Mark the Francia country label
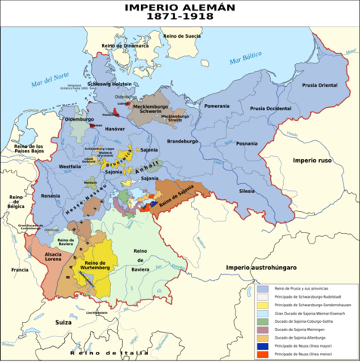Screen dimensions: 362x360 [20, 269]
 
